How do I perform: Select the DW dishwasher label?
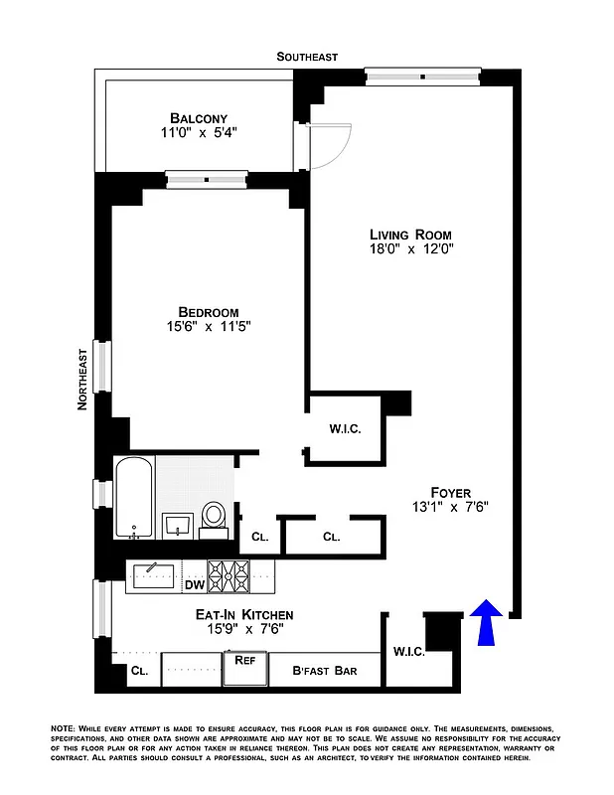coord(194,585)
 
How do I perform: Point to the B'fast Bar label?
coord(325,671)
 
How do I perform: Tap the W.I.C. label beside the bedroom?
coord(344,429)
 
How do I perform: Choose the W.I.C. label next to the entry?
coord(408,652)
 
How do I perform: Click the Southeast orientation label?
coord(307,58)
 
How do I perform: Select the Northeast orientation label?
coord(83,379)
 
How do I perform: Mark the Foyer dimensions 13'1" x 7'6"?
coord(450,507)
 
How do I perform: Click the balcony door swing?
coord(331,144)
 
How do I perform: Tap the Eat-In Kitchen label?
coord(243,615)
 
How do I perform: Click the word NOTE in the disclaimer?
coord(63,729)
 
